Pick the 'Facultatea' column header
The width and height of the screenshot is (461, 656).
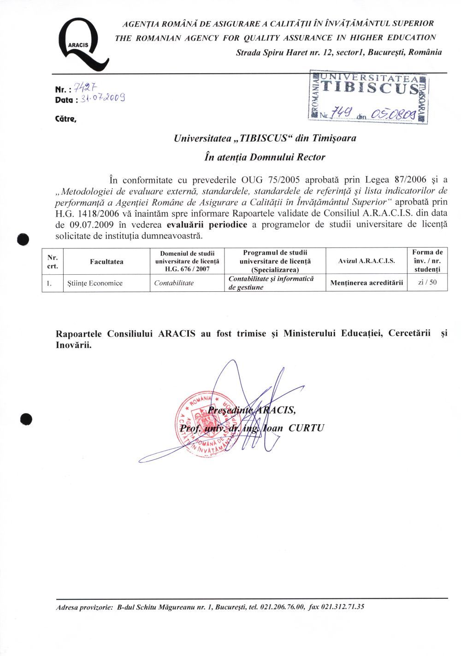pos(106,262)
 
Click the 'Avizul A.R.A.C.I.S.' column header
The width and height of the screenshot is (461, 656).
pos(366,261)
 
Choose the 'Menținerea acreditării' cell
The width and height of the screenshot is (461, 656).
pos(366,283)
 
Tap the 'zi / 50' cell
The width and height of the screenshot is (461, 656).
pos(427,282)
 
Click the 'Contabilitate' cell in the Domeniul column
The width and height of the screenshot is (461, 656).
pos(174,283)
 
